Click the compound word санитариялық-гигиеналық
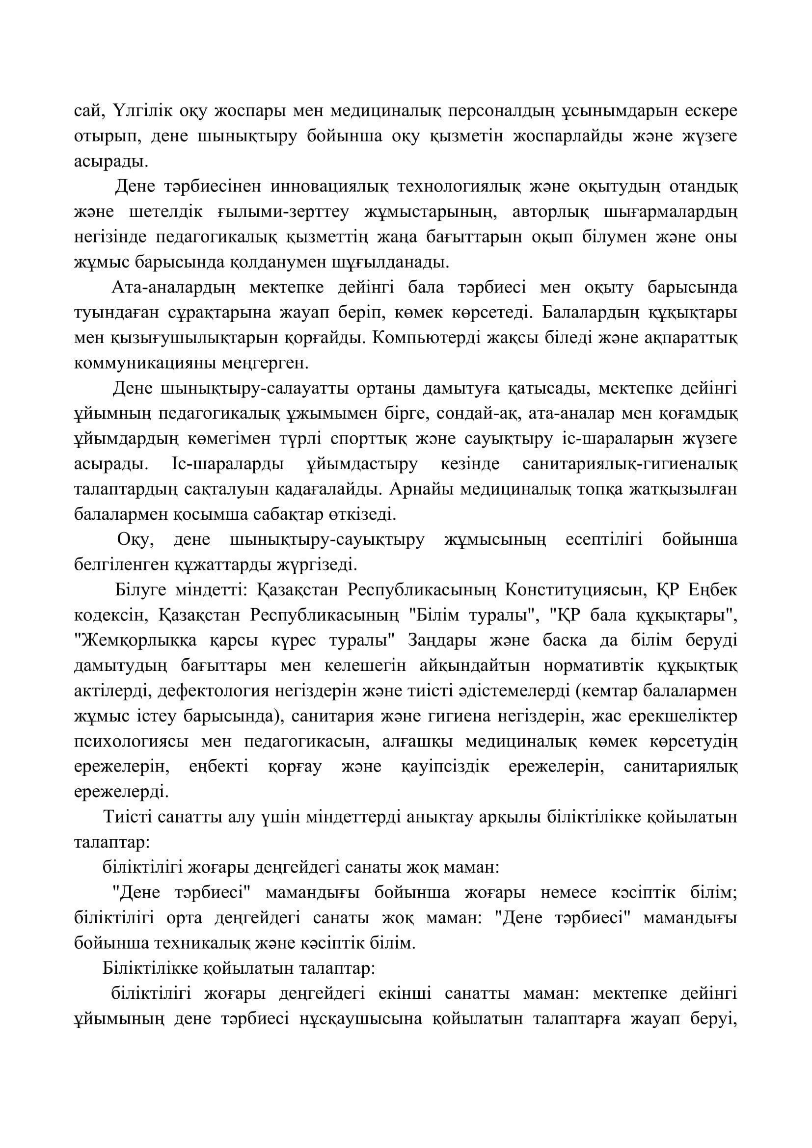629,464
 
